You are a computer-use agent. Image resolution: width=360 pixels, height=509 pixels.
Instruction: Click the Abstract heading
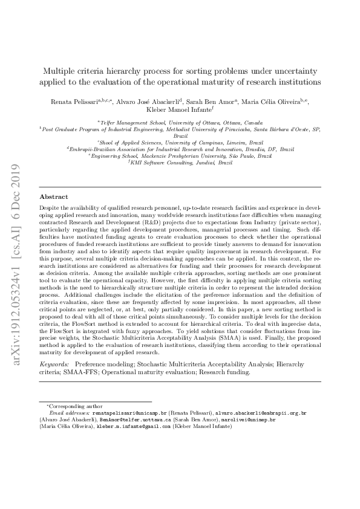coord(54,197)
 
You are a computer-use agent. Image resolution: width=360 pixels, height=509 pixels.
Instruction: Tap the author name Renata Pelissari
coord(74,102)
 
